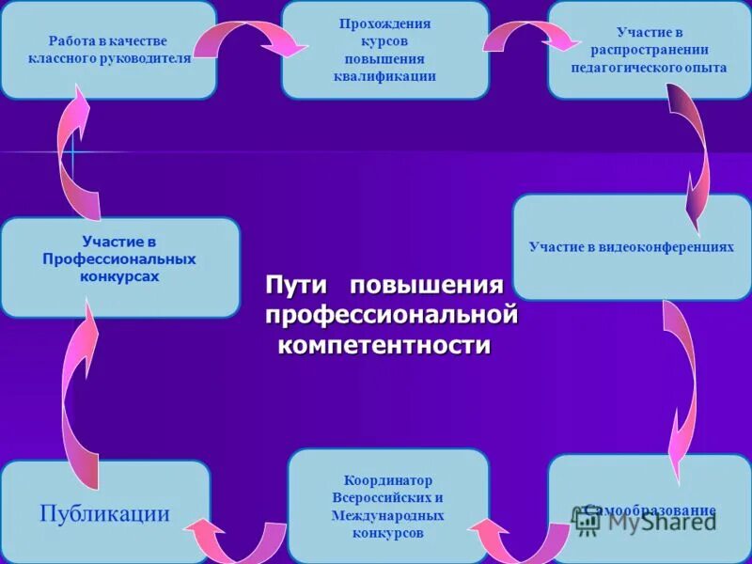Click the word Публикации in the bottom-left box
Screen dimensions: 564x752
point(104,513)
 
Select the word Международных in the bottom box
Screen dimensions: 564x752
point(387,516)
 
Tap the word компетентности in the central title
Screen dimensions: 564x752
point(385,345)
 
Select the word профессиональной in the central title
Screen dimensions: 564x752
point(391,315)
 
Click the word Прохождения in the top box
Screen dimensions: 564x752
point(385,23)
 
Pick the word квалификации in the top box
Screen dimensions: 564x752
point(385,76)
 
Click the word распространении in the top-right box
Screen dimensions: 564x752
point(649,50)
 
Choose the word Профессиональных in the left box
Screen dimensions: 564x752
point(119,258)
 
